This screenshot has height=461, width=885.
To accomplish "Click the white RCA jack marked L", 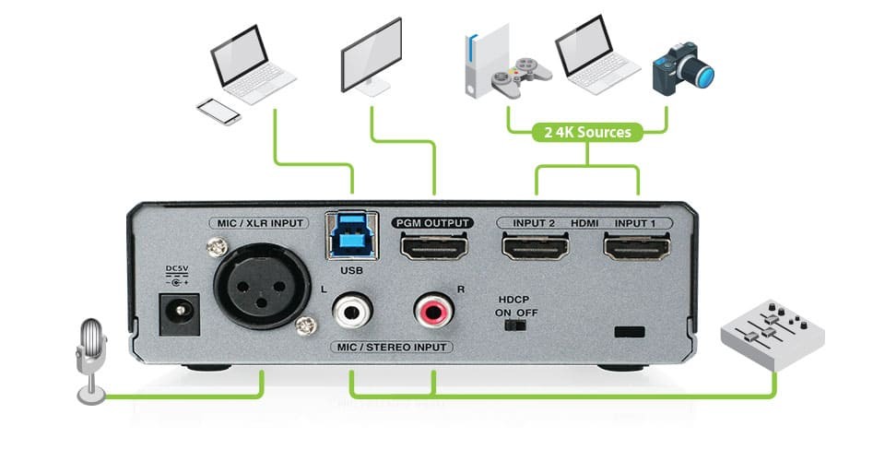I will pyautogui.click(x=351, y=310).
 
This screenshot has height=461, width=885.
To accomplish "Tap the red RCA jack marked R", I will pyautogui.click(x=432, y=310).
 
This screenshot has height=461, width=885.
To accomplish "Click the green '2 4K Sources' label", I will pyautogui.click(x=587, y=132).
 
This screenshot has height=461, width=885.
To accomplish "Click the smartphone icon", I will pyautogui.click(x=218, y=112).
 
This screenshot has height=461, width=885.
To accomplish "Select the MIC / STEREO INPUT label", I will pyautogui.click(x=392, y=347).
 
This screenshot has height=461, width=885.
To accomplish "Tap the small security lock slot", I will pyautogui.click(x=629, y=331).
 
